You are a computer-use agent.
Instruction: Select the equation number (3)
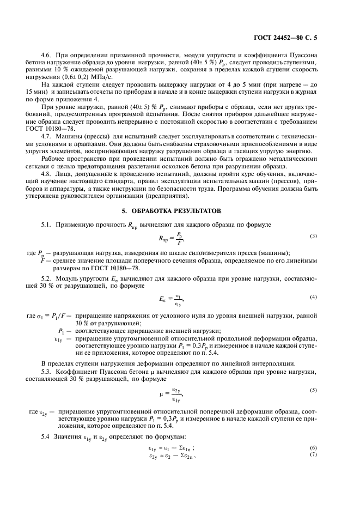tap(314, 235)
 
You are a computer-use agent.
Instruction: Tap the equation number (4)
tap(314, 297)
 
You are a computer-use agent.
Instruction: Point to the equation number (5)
tap(314, 390)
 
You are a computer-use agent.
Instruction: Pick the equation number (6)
tap(314, 448)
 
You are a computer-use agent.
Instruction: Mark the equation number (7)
tap(314, 454)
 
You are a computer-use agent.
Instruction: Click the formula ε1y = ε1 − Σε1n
tap(172, 448)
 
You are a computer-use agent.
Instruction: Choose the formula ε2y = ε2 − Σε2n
tap(172, 455)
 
